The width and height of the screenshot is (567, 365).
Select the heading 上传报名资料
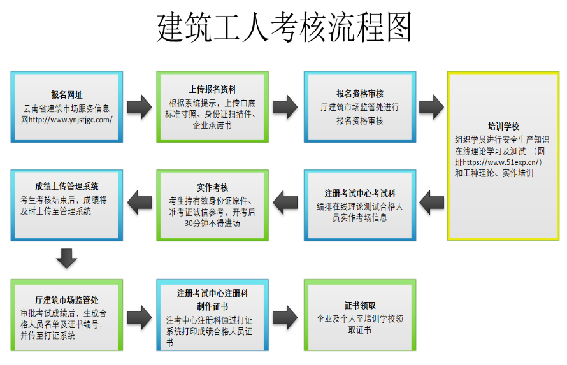click(212, 89)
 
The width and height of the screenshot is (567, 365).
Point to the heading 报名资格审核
click(360, 94)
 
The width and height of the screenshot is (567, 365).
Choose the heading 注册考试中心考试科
click(360, 192)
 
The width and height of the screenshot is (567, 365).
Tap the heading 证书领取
click(360, 305)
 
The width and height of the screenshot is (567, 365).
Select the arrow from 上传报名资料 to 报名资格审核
click(285, 106)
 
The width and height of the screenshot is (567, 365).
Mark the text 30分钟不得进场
click(212, 223)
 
